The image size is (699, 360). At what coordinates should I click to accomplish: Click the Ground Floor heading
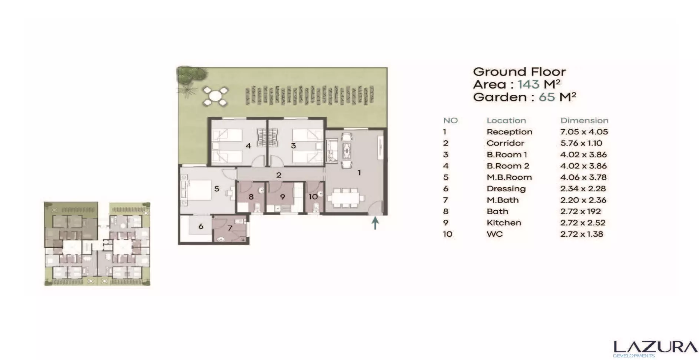(519, 71)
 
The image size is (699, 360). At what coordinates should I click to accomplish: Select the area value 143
(529, 84)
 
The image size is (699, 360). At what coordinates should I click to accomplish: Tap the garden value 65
(547, 97)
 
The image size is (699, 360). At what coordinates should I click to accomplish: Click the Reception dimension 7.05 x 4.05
(584, 132)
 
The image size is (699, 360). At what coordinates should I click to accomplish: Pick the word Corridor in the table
(505, 143)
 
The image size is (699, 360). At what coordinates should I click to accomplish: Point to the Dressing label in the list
(506, 189)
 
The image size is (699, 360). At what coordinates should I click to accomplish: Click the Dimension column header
(584, 120)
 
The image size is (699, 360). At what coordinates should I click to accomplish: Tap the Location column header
(506, 120)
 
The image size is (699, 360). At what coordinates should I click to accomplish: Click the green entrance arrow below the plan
(375, 223)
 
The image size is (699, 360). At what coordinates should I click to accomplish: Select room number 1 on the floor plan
(359, 172)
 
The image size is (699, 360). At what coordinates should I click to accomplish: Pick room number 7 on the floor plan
(230, 228)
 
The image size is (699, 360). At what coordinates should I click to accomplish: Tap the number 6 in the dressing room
(201, 226)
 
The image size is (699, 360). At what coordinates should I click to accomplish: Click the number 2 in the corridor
(279, 175)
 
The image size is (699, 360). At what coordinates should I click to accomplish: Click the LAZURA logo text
(655, 347)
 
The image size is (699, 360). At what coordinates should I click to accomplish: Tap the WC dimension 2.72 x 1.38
(582, 234)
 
